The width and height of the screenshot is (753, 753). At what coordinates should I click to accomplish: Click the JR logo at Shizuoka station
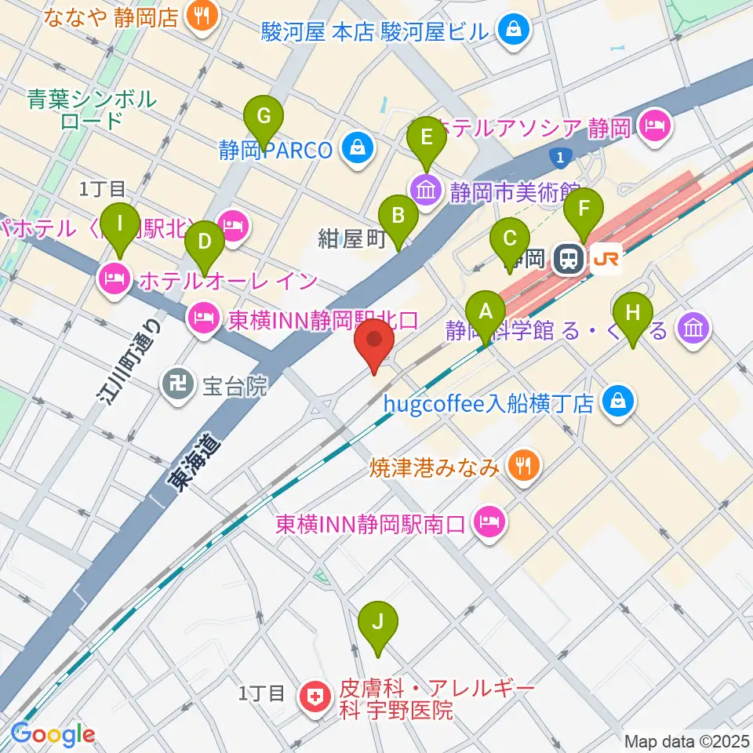(x=606, y=258)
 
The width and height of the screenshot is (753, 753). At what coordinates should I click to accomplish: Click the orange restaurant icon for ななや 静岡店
(x=202, y=16)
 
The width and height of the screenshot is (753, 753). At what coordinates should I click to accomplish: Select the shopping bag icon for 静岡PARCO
(x=358, y=148)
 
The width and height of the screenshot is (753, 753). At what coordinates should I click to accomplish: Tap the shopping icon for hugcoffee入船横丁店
(x=620, y=402)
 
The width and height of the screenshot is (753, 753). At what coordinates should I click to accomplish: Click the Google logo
(x=53, y=734)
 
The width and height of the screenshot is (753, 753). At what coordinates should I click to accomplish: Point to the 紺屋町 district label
(x=352, y=239)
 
